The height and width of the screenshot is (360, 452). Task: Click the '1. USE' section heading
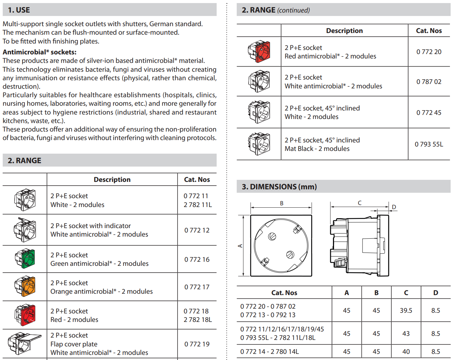(19, 10)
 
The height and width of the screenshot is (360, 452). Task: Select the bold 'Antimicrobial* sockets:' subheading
(39, 52)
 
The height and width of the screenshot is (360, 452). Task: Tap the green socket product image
(25, 259)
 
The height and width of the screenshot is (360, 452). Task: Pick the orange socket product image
(25, 287)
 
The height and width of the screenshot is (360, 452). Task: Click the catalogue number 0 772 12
(197, 230)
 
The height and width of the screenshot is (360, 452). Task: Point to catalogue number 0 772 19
(197, 344)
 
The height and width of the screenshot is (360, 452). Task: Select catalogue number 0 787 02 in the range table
(429, 82)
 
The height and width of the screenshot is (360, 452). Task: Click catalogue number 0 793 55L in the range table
(429, 144)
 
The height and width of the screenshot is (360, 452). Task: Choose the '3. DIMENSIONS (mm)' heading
(279, 187)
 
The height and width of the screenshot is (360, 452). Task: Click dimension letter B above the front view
(282, 203)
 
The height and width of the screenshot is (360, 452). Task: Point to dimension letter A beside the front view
(240, 245)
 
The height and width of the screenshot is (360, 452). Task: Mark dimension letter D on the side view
(394, 207)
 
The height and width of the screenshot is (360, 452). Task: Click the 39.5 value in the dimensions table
(406, 310)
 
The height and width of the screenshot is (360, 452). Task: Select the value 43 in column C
(406, 333)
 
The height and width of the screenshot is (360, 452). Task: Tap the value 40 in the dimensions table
(406, 352)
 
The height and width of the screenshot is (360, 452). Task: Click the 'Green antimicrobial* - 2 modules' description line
(99, 263)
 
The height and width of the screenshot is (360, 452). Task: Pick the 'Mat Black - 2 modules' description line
(317, 149)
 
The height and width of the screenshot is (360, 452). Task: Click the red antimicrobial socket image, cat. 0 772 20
(259, 52)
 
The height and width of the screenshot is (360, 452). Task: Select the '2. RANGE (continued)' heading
(276, 10)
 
